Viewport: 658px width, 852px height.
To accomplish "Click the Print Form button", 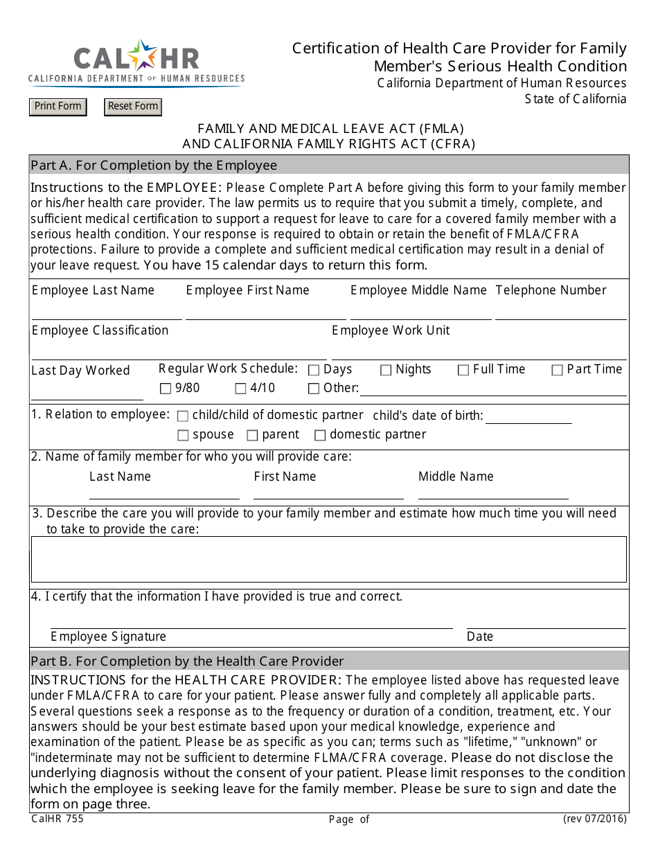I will pyautogui.click(x=58, y=107).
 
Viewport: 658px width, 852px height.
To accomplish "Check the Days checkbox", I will pyautogui.click(x=314, y=371).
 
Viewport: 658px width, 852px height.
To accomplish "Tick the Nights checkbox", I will pyautogui.click(x=386, y=371).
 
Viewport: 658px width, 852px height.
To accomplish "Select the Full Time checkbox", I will pyautogui.click(x=463, y=371).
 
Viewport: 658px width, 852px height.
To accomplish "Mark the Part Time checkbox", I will pyautogui.click(x=557, y=371).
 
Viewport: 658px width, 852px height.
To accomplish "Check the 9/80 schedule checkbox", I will pyautogui.click(x=166, y=389).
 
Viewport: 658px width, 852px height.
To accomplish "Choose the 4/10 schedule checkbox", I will pyautogui.click(x=240, y=389).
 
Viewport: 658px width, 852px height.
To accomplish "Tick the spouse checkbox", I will pyautogui.click(x=183, y=436).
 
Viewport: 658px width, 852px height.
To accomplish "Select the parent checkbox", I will pyautogui.click(x=252, y=436).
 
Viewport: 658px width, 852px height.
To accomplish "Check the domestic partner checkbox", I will pyautogui.click(x=320, y=436).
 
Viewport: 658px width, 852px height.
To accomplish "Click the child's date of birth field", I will pyautogui.click(x=528, y=417).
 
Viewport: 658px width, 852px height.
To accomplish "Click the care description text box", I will pyautogui.click(x=329, y=559).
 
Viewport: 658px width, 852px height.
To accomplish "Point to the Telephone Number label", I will pyautogui.click(x=551, y=290).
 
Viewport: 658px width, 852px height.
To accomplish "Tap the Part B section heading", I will pyautogui.click(x=187, y=661).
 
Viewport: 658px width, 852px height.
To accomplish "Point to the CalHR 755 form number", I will pyautogui.click(x=57, y=819).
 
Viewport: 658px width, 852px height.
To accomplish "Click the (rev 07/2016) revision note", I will pyautogui.click(x=594, y=819).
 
